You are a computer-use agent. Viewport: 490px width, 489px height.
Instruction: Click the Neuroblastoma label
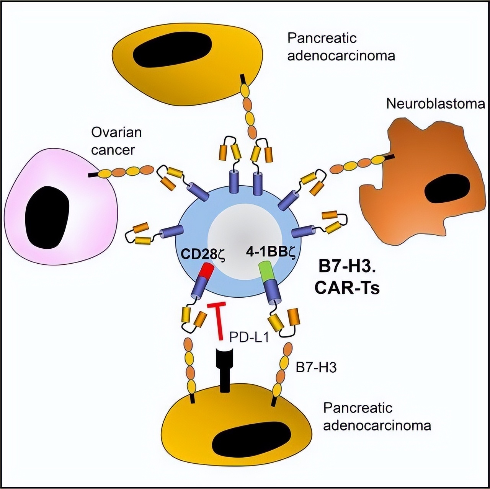pos(435,104)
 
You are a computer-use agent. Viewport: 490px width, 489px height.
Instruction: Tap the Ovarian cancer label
pos(116,141)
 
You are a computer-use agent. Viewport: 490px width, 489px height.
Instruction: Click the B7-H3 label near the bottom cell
pos(316,368)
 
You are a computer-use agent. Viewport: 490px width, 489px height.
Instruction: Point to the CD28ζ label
pos(202,254)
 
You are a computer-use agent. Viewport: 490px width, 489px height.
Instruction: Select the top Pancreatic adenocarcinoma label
pos(341,47)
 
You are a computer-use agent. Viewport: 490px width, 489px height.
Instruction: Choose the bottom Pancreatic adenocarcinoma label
pos(377,416)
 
